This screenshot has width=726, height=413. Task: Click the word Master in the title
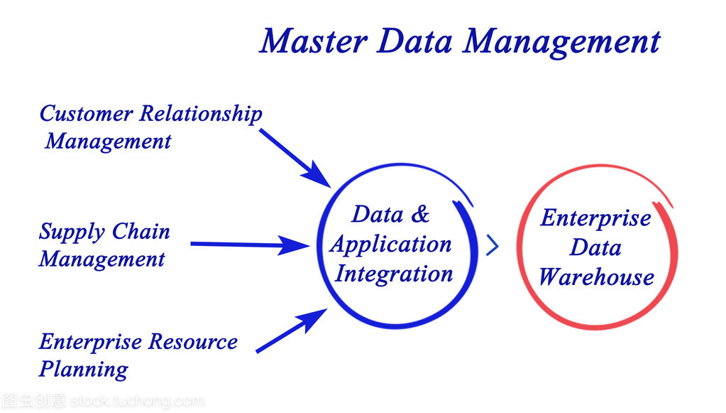click(313, 41)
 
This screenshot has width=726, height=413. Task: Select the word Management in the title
click(562, 43)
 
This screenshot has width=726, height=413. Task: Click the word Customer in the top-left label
click(86, 114)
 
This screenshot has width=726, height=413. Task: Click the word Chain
click(141, 232)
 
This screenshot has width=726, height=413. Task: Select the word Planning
click(84, 370)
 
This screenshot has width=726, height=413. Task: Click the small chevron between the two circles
click(492, 246)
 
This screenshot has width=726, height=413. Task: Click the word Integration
click(394, 274)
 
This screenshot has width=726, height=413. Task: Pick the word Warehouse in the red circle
click(596, 277)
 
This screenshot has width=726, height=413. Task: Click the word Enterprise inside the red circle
click(596, 218)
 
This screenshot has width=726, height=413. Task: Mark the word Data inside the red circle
click(595, 247)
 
